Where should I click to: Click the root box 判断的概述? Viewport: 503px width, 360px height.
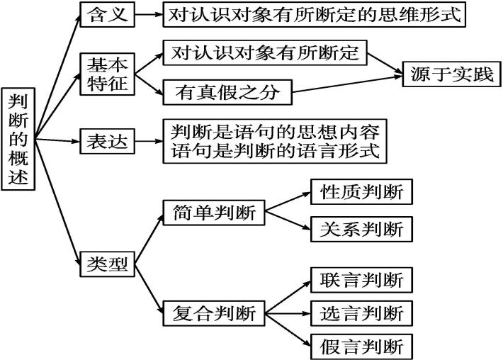click(x=19, y=140)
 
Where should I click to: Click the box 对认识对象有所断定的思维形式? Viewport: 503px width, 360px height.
click(x=315, y=14)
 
